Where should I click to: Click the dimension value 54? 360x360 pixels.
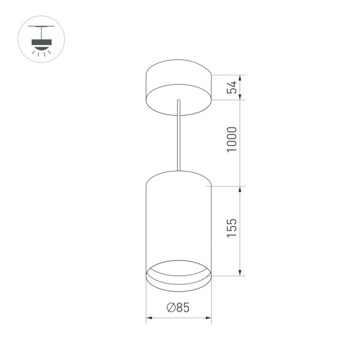(232, 86)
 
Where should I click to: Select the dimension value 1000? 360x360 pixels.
(232, 139)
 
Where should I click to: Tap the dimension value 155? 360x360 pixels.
(232, 230)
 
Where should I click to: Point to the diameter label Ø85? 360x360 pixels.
(178, 308)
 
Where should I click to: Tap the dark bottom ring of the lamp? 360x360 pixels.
(178, 277)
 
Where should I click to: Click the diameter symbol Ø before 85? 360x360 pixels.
(169, 308)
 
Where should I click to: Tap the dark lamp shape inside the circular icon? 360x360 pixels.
(41, 41)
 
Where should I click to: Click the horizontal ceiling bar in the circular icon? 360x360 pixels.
(41, 28)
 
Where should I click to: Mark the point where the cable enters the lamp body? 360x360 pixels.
(178, 170)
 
